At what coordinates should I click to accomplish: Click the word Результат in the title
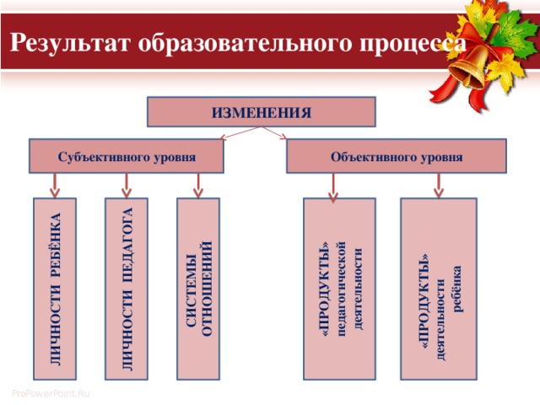pyautogui.click(x=70, y=43)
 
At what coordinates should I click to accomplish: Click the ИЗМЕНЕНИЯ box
pyautogui.click(x=262, y=112)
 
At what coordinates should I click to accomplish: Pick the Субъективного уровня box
pyautogui.click(x=127, y=156)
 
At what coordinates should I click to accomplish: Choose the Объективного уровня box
pyautogui.click(x=397, y=156)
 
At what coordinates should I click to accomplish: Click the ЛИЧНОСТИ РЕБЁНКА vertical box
pyautogui.click(x=55, y=289)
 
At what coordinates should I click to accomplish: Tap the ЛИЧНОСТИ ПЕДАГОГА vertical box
pyautogui.click(x=127, y=289)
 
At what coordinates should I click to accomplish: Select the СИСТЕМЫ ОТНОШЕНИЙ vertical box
pyautogui.click(x=198, y=289)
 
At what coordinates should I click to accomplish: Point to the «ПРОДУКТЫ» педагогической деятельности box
pyautogui.click(x=339, y=289)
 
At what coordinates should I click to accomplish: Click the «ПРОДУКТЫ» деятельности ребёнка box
pyautogui.click(x=439, y=289)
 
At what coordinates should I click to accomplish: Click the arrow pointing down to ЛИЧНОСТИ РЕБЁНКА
pyautogui.click(x=55, y=186)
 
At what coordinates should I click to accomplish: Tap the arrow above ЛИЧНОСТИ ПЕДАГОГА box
pyautogui.click(x=127, y=186)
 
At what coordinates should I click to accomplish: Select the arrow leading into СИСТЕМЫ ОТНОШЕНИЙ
pyautogui.click(x=198, y=186)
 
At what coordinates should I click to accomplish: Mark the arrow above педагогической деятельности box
pyautogui.click(x=333, y=187)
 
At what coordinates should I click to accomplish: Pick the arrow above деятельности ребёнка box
pyautogui.click(x=439, y=186)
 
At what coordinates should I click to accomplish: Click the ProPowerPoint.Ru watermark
pyautogui.click(x=51, y=393)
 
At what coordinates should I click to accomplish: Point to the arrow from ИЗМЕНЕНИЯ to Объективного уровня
pyautogui.click(x=274, y=133)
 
